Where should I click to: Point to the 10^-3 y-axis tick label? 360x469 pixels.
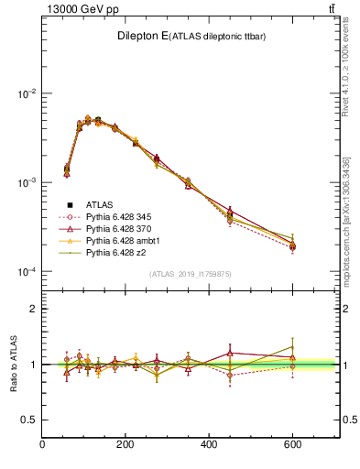coord(25,183)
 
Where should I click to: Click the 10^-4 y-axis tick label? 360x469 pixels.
coord(25,272)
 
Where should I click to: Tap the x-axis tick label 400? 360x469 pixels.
coord(209,445)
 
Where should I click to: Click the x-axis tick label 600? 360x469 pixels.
coord(292,445)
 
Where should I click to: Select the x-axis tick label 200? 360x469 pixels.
coord(125,445)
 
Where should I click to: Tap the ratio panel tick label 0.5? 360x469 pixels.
coord(27,420)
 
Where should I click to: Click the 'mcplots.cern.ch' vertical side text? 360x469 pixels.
coord(351,220)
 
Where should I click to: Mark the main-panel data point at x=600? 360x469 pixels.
coord(292,246)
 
